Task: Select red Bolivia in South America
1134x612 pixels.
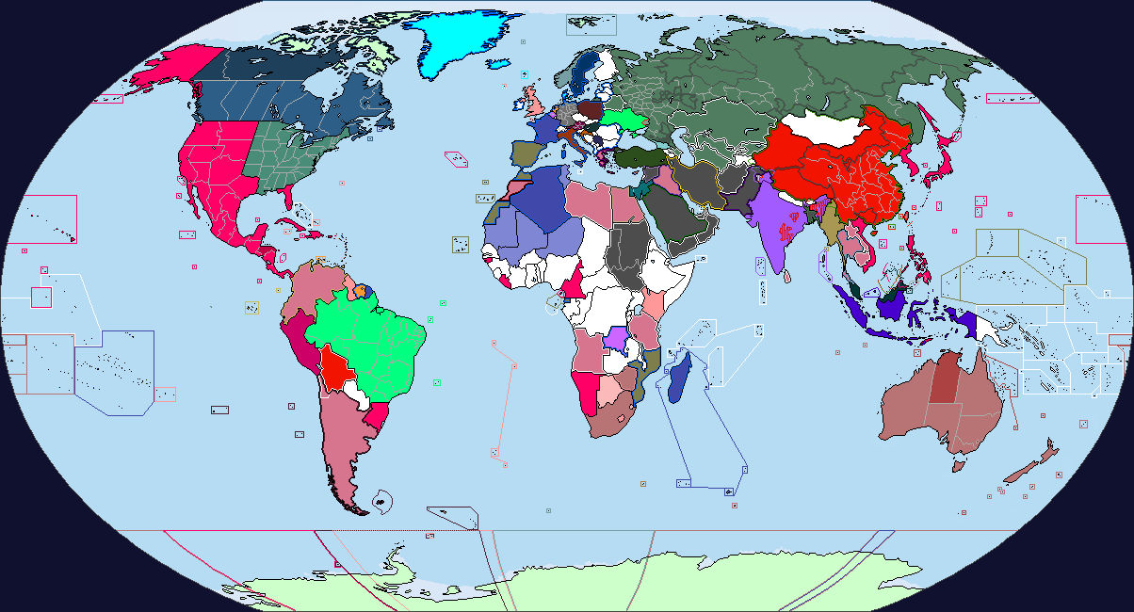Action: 336,369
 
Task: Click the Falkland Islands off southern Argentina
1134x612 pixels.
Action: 381,501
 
